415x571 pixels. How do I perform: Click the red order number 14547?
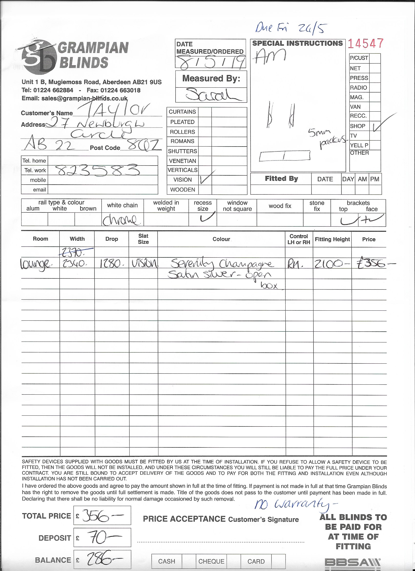click(x=366, y=43)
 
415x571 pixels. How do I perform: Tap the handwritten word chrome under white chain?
click(x=120, y=220)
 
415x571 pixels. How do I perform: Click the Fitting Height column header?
click(x=332, y=239)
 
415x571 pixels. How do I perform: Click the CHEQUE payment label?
click(x=211, y=561)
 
